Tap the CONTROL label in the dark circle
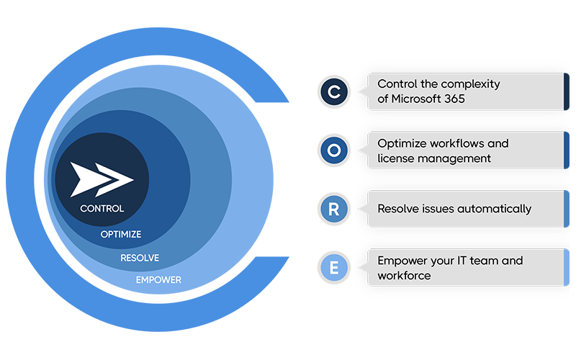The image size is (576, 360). (x=102, y=209)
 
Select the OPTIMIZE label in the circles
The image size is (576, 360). (x=121, y=234)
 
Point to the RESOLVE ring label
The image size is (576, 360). (x=140, y=257)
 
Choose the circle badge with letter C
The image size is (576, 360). (x=334, y=91)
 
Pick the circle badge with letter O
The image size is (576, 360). (x=334, y=150)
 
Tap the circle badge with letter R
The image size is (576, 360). (x=334, y=209)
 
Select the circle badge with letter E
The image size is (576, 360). (x=334, y=267)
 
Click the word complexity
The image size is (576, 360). (x=469, y=84)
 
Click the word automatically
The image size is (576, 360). (x=495, y=209)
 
